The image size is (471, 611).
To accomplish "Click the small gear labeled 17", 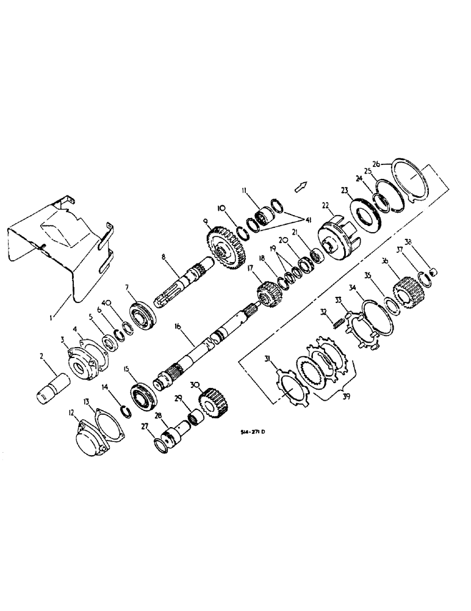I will [x=268, y=290].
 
